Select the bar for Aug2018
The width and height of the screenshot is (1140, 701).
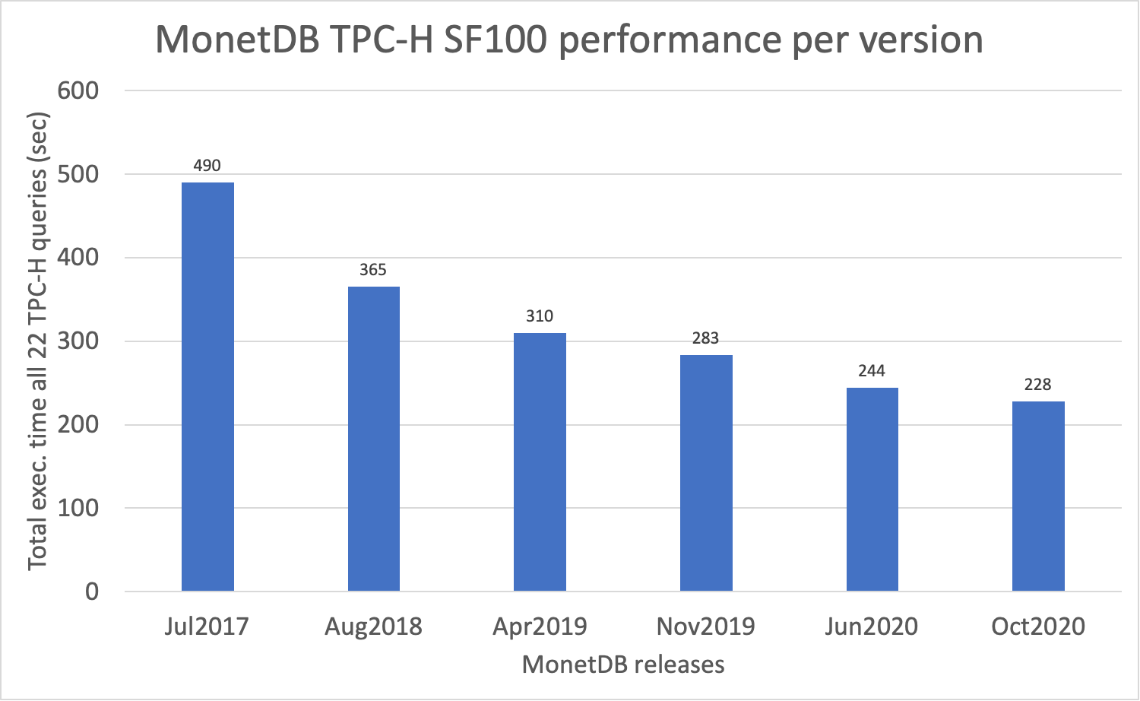pyautogui.click(x=373, y=439)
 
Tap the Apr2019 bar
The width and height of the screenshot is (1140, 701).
pyautogui.click(x=540, y=462)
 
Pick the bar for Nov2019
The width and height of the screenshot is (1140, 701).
pyautogui.click(x=706, y=473)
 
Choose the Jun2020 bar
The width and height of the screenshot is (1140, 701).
pyautogui.click(x=872, y=489)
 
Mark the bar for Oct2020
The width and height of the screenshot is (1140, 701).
pyautogui.click(x=1038, y=496)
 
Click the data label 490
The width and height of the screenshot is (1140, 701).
pyautogui.click(x=207, y=166)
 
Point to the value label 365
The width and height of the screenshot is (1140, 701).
pyautogui.click(x=373, y=270)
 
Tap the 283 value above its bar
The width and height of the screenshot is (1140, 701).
pyautogui.click(x=705, y=338)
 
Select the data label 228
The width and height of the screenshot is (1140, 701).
pyautogui.click(x=1037, y=385)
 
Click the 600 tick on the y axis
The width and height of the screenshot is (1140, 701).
pyautogui.click(x=78, y=90)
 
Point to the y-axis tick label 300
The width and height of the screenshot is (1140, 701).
pyautogui.click(x=78, y=341)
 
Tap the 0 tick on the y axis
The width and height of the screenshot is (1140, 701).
pyautogui.click(x=92, y=592)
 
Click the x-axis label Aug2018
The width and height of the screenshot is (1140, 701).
pyautogui.click(x=373, y=626)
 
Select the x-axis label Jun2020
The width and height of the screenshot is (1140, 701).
pyautogui.click(x=872, y=626)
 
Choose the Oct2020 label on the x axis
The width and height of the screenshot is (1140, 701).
pyautogui.click(x=1038, y=626)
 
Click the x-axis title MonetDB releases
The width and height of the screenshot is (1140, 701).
pyautogui.click(x=623, y=665)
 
